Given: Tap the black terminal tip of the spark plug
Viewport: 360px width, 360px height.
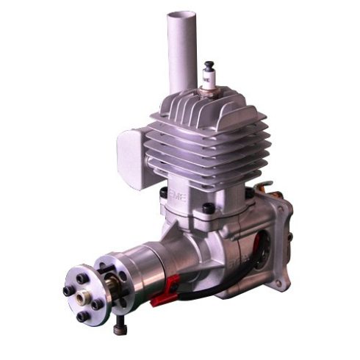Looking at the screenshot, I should [x=209, y=65].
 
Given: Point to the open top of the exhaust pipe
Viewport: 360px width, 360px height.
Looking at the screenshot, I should [x=182, y=15].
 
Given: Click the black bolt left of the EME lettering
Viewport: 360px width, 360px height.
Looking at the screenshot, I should [x=163, y=192].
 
